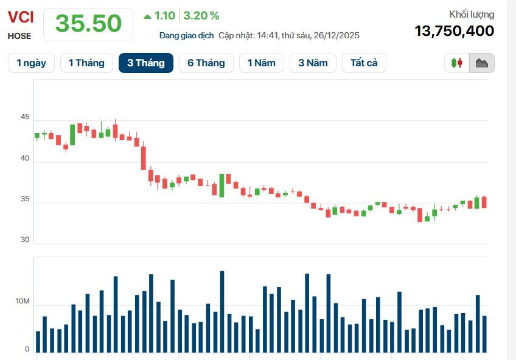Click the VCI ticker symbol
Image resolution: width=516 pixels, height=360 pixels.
tap(21, 16)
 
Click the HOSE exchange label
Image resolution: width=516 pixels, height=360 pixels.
tap(19, 36)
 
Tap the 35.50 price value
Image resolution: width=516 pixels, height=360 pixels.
tap(89, 24)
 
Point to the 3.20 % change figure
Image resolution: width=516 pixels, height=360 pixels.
tap(201, 16)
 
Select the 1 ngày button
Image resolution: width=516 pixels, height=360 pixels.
tap(31, 63)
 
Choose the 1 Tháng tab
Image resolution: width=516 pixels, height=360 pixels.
tap(86, 63)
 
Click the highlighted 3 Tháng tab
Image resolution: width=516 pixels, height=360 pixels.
tap(146, 63)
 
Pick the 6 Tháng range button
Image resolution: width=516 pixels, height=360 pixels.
tap(206, 63)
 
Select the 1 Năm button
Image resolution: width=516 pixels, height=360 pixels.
tap(261, 63)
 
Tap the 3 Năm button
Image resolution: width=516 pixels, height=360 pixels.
tap(313, 63)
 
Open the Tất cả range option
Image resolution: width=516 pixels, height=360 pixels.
tap(364, 63)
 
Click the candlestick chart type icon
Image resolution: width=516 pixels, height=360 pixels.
tap(457, 63)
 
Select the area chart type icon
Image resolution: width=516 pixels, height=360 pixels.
tap(482, 63)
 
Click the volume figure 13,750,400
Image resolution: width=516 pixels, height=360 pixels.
tap(454, 31)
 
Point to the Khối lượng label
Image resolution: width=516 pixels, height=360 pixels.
tap(472, 14)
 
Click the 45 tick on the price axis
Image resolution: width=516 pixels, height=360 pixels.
tap(24, 117)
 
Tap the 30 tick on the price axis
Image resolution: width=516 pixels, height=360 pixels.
tap(24, 240)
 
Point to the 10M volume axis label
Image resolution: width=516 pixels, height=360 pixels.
tap(23, 302)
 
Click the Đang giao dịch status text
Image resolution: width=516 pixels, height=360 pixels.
tap(186, 35)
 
